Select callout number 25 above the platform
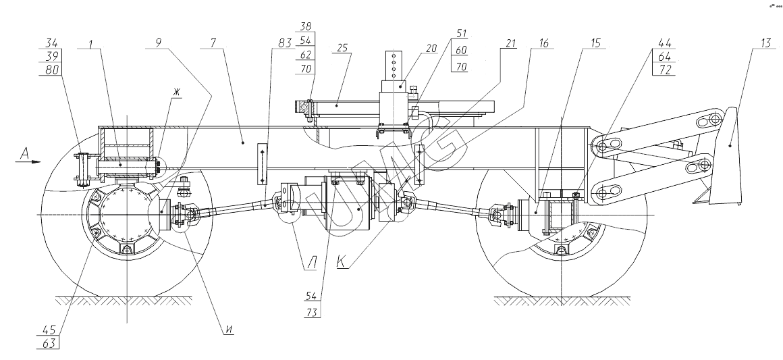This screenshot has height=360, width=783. pos(343,48)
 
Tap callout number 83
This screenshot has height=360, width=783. pos(285,43)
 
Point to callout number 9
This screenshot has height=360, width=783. pos(159,43)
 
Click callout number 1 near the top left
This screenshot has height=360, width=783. pos(91,43)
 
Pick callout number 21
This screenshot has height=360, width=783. pos(510,43)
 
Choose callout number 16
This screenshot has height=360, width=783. pos(543,43)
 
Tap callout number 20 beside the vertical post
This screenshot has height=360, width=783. pos(431,48)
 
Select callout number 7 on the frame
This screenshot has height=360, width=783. pos(213,43)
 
